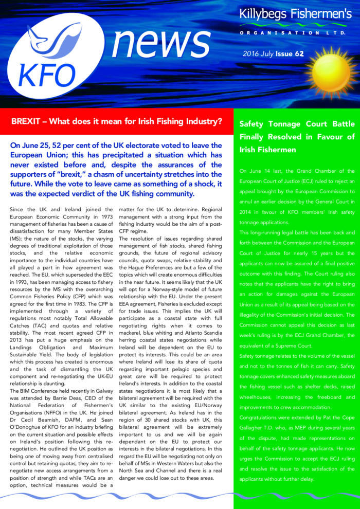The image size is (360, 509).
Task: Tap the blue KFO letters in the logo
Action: coord(46,75)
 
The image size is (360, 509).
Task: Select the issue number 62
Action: coord(299,53)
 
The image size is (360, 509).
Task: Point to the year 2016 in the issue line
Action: coord(250,53)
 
